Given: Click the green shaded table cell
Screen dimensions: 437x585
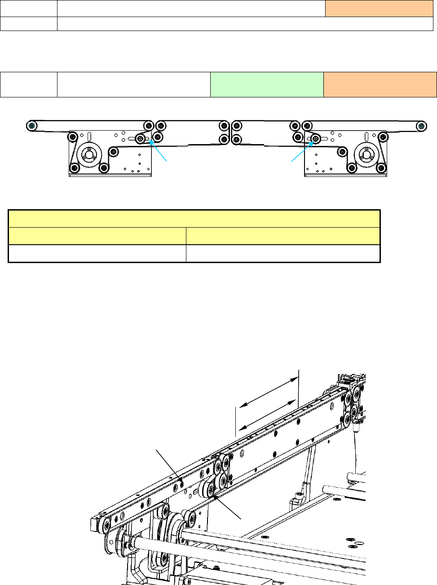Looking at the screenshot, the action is click(266, 84).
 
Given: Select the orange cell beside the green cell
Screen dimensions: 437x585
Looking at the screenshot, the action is click(380, 84).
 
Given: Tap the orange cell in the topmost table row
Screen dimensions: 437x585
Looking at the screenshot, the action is click(379, 9).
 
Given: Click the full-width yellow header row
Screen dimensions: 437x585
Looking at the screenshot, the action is click(194, 219).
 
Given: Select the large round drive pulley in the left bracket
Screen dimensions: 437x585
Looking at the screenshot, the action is click(88, 155).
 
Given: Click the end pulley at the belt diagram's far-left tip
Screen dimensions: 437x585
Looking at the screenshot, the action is click(31, 125).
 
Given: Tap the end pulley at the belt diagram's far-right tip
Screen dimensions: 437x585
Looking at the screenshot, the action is click(421, 125).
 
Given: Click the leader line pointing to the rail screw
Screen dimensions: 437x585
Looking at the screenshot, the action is click(168, 464).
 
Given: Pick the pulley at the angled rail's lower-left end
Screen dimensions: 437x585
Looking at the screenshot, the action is click(106, 524).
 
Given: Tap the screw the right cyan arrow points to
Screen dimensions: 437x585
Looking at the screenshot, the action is click(316, 139).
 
